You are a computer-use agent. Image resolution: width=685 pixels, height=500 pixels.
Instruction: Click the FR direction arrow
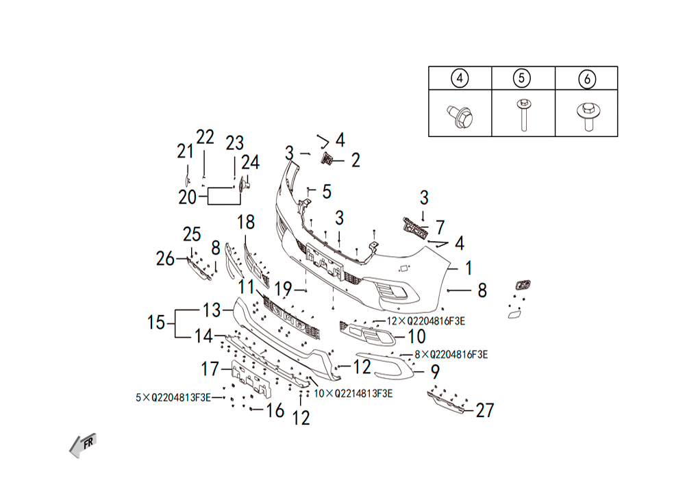pyautogui.click(x=83, y=445)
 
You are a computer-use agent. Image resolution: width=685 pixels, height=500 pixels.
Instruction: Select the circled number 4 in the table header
pyautogui.click(x=460, y=78)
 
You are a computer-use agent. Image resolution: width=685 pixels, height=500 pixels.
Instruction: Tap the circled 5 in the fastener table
pyautogui.click(x=521, y=78)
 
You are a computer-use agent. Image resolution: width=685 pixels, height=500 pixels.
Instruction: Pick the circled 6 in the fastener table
pyautogui.click(x=587, y=79)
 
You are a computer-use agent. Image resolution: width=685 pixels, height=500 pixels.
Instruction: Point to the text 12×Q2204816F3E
pyautogui.click(x=426, y=321)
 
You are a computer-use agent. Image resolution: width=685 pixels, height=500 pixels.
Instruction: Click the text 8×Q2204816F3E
pyautogui.click(x=451, y=355)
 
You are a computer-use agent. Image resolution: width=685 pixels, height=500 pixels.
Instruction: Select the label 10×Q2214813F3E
pyautogui.click(x=353, y=394)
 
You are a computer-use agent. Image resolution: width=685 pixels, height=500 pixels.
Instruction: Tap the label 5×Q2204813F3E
pyautogui.click(x=173, y=398)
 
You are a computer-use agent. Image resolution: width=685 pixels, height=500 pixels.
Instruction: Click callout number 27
pyautogui.click(x=484, y=410)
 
